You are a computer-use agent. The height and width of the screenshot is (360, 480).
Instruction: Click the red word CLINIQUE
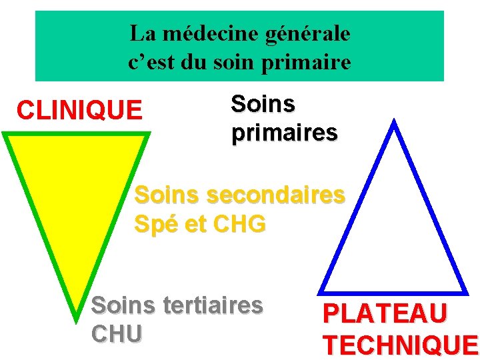tap(79, 110)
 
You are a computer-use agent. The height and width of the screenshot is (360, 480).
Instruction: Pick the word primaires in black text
tap(285, 133)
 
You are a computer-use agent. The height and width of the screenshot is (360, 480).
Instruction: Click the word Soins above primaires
tap(263, 104)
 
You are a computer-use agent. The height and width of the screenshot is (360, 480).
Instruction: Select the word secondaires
tap(276, 195)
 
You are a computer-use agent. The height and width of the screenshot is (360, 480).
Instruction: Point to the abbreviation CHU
tap(117, 333)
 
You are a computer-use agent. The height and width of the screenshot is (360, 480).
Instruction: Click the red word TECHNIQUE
tap(400, 345)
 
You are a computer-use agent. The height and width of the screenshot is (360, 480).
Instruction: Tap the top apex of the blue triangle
tap(395, 123)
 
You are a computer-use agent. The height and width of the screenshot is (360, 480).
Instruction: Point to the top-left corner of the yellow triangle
tap(5, 135)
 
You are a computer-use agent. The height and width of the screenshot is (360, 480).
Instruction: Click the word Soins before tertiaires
tap(121, 306)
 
